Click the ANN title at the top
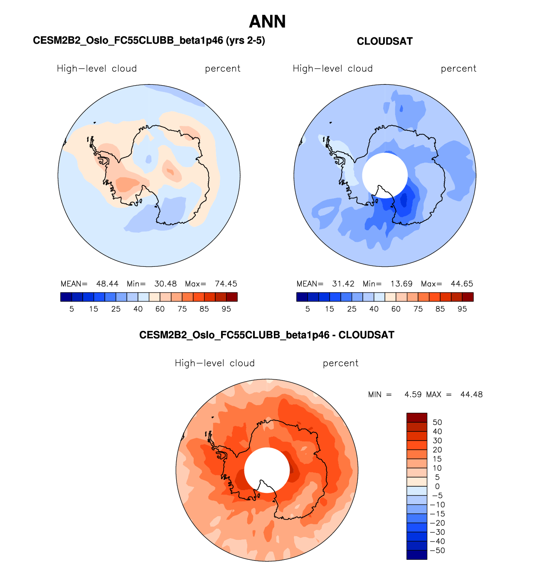tap(267, 22)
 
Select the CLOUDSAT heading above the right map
tap(384, 41)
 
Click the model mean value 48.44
tap(107, 284)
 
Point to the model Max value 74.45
tap(226, 284)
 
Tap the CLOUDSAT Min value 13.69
tap(401, 284)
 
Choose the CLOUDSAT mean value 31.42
tap(343, 284)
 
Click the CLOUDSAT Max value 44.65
tap(462, 284)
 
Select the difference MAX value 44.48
tap(471, 394)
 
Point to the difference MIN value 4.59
tap(413, 394)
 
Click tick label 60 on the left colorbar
tap(160, 309)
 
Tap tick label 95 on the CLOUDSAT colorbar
tap(462, 309)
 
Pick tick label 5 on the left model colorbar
tap(71, 309)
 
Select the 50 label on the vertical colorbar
tap(437, 422)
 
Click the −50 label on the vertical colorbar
tap(437, 550)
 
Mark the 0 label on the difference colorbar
tap(437, 486)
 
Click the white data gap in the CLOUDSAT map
tap(384, 175)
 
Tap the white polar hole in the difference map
tap(267, 469)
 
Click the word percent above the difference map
tap(340, 363)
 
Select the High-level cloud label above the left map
tap(97, 69)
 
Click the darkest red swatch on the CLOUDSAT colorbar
tap(468, 297)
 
